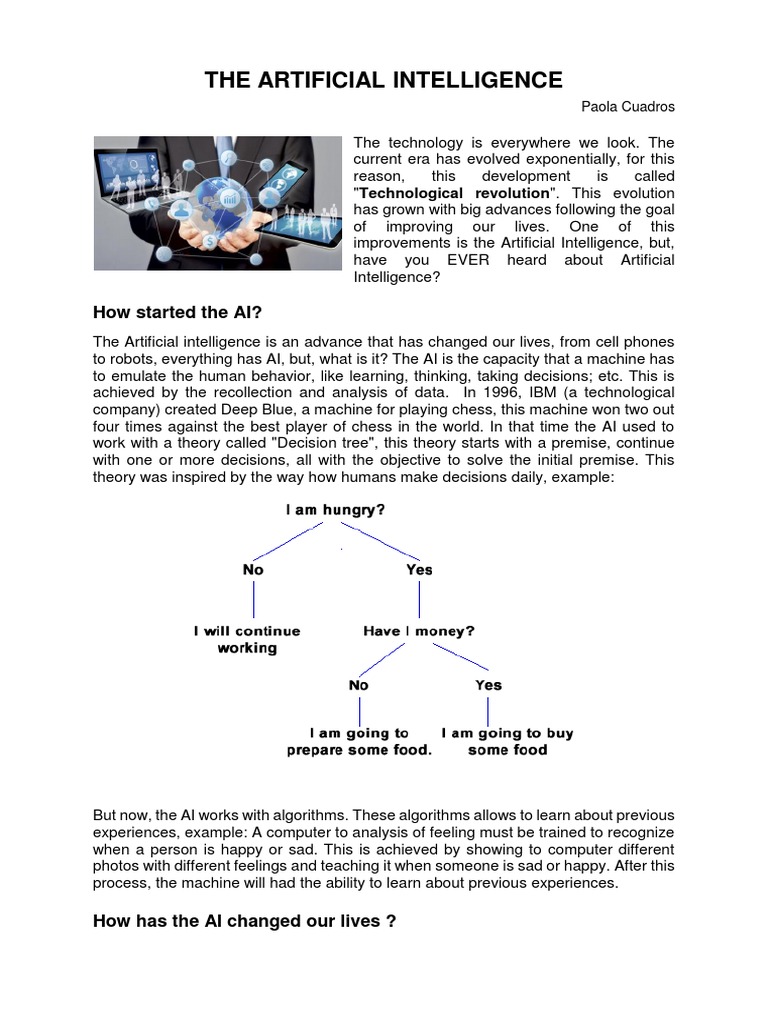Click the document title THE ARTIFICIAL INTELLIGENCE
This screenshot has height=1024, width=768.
[x=384, y=80]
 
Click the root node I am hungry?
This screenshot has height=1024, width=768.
[x=336, y=509]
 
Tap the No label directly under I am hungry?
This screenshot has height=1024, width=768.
[x=253, y=569]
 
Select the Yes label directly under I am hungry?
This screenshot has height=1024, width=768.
[x=419, y=569]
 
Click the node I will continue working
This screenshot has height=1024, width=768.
[x=247, y=640]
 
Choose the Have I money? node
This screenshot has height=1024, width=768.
[x=418, y=631]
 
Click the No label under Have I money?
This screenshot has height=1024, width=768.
[x=358, y=685]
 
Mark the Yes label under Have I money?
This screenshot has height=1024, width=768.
[x=488, y=685]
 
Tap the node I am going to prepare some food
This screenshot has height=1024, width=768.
[x=359, y=741]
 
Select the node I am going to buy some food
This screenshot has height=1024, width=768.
[x=508, y=741]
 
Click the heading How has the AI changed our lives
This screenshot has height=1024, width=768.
[x=244, y=921]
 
